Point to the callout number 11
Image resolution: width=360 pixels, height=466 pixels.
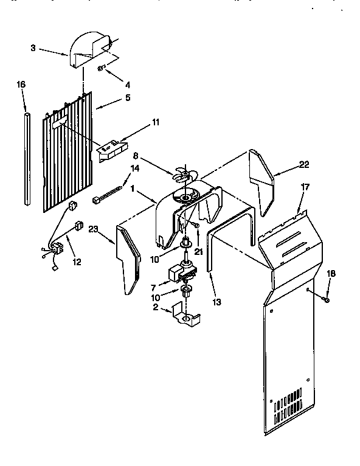point(156,122)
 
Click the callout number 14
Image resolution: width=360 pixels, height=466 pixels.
point(135,168)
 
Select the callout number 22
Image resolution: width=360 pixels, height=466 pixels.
point(304,164)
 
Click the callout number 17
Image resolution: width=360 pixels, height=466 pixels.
point(305,187)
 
